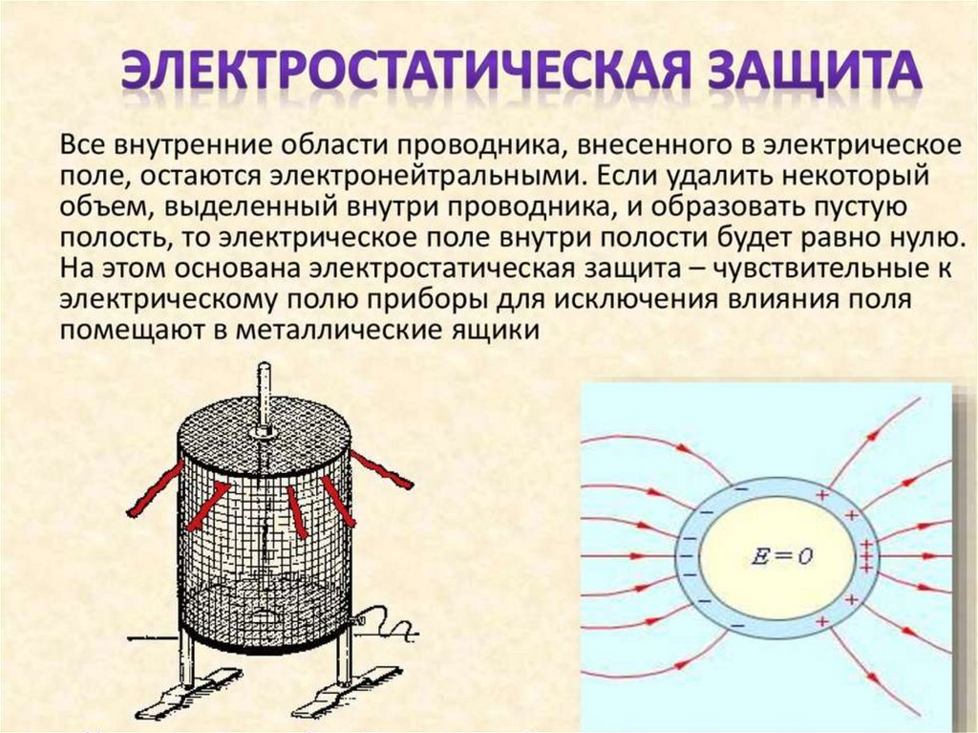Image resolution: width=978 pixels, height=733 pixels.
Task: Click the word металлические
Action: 364,331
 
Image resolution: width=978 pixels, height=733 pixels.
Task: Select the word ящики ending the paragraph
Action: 500,331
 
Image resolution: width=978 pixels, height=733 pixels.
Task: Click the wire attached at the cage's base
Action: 392,626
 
